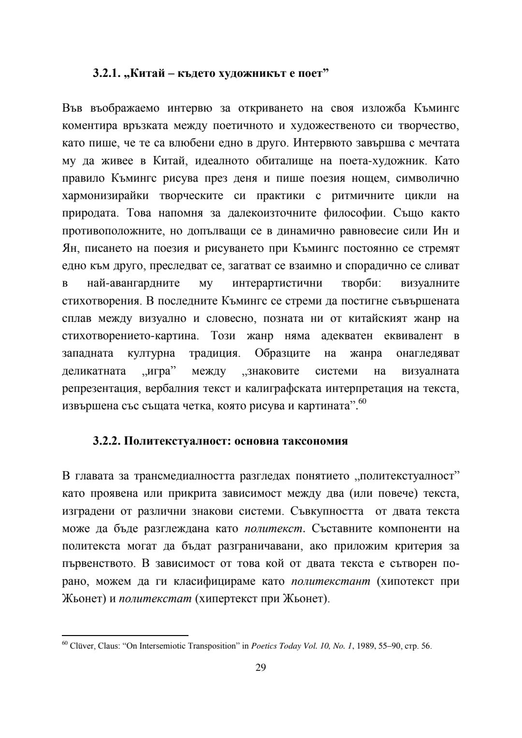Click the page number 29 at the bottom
pyautogui.click(x=261, y=668)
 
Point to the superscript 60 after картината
pyautogui.click(x=362, y=402)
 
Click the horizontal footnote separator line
pyautogui.click(x=125, y=636)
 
